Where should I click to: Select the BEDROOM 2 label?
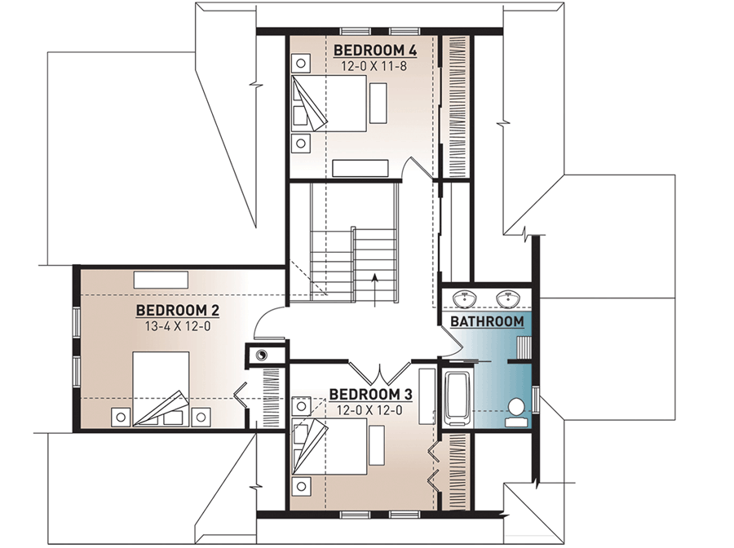(x=178, y=310)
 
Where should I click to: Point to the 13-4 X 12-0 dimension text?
(x=178, y=325)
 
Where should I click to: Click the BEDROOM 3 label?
(x=371, y=396)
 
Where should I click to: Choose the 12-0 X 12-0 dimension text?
(x=371, y=410)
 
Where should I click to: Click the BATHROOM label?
(x=487, y=321)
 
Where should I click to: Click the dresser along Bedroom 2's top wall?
(x=161, y=278)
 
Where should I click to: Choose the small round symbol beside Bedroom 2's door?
(x=262, y=355)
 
